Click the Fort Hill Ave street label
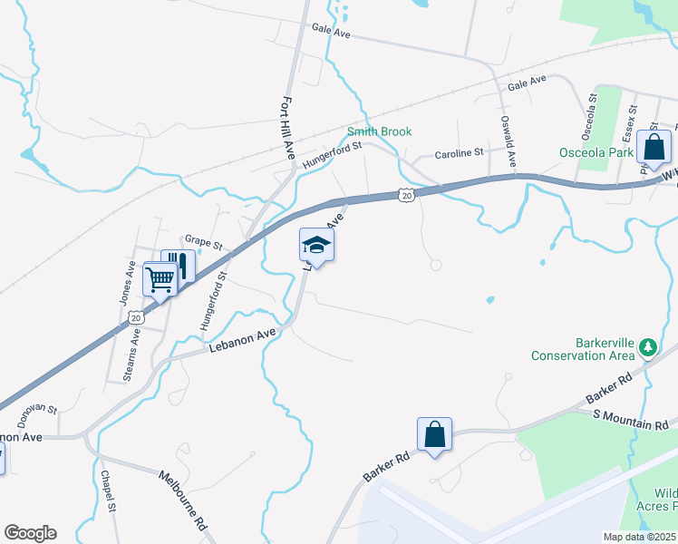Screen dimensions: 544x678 (x=289, y=128)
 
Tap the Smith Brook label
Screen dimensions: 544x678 (x=380, y=131)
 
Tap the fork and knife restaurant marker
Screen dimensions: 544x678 (x=180, y=266)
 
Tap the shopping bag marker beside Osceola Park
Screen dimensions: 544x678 (x=654, y=147)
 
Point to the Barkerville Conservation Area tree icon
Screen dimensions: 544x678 (x=648, y=347)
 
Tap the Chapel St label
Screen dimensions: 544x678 (x=108, y=491)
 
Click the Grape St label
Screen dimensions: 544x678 (x=204, y=243)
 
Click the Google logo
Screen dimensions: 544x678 (x=30, y=533)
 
